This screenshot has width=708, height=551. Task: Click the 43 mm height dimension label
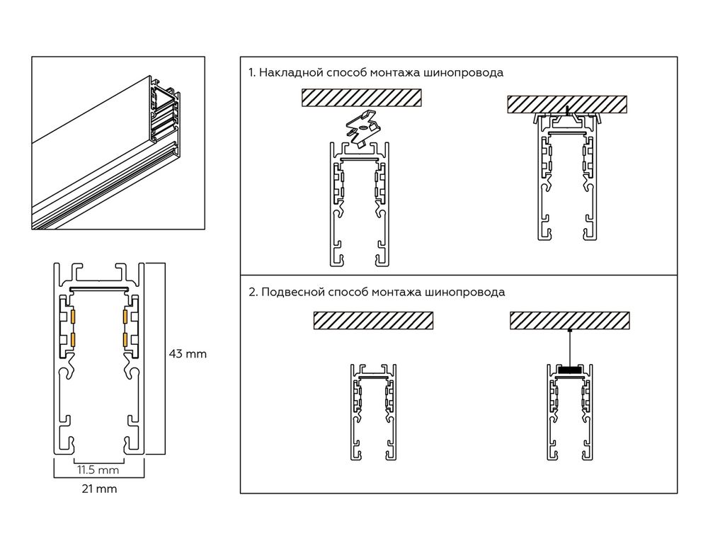187,353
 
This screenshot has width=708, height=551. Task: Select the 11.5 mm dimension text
98,470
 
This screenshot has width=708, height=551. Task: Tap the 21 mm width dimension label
99,489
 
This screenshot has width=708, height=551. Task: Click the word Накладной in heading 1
286,73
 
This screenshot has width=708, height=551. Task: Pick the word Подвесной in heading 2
288,292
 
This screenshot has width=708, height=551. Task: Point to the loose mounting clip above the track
362,129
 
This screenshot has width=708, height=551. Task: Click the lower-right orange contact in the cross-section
125,340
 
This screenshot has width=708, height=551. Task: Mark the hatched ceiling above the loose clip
361,98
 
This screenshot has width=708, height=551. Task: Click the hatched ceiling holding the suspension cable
569,321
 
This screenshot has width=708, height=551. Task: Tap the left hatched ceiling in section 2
372,321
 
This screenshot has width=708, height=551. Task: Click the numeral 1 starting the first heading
251,73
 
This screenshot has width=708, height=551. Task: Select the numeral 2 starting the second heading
252,292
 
